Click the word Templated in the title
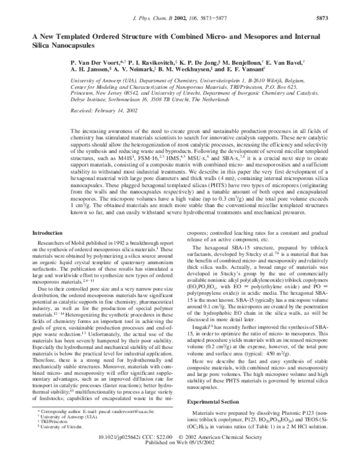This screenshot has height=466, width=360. pyautogui.click(x=76, y=35)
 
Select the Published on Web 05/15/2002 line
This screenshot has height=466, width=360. pyautogui.click(x=181, y=455)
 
